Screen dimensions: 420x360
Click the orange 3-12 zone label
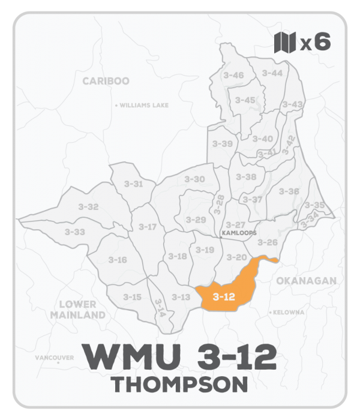point(223,296)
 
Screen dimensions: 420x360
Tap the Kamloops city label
point(239,233)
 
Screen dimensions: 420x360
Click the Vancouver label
point(55,358)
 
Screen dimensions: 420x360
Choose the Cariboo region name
point(106,81)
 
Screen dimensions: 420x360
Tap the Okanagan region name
point(307,280)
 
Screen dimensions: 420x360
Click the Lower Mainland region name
point(78,310)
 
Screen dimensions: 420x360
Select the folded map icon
point(285,43)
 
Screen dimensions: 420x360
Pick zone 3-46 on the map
point(233,75)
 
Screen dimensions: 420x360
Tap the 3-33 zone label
point(75,232)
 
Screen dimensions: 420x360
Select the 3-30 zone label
point(194,179)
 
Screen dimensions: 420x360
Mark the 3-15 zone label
point(132,296)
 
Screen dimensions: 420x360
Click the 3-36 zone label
point(289,191)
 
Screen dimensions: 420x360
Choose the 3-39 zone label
point(223,144)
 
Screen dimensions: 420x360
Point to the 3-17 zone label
point(148,226)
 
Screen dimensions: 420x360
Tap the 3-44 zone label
point(272,73)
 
